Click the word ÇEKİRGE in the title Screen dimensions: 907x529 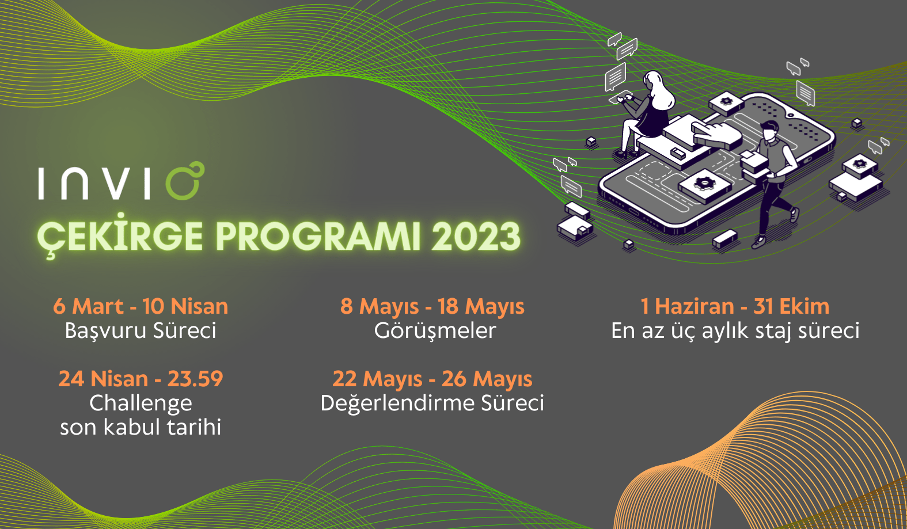pos(120,235)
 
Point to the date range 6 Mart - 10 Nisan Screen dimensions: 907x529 pos(141,306)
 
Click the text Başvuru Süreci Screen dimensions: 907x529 pos(141,330)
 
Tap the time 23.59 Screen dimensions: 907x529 pos(195,379)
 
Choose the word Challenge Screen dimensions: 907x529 pos(141,404)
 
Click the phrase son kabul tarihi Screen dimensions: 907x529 pos(141,427)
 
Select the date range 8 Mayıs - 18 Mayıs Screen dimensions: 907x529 pos(432,306)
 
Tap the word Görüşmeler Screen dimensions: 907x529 pos(435,330)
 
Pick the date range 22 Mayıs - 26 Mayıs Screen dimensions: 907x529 pos(432,379)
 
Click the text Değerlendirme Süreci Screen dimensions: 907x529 pos(432,403)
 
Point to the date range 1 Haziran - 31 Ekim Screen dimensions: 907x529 pos(735,306)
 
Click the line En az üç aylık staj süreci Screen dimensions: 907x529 pos(735,331)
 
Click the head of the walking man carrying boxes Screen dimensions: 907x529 pos(769,130)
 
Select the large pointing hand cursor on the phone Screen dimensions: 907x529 pos(716,134)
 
